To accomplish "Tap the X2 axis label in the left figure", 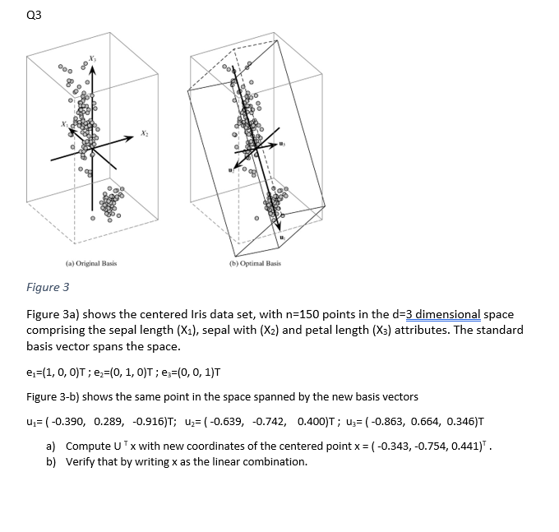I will click(x=145, y=132).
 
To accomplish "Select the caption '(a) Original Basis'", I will click(x=91, y=264).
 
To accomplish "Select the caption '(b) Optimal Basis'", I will click(x=256, y=264).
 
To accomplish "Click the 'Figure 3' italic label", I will click(x=48, y=287).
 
